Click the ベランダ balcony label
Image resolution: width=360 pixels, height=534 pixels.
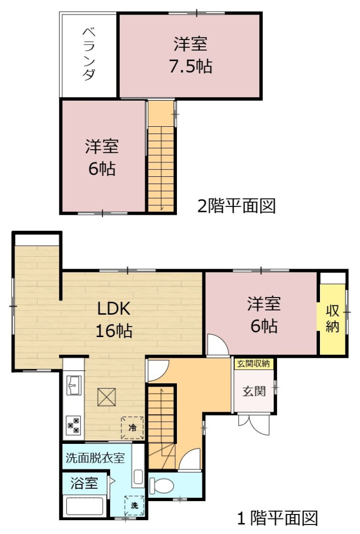pos(89,54)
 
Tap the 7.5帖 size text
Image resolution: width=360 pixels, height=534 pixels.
pos(191,66)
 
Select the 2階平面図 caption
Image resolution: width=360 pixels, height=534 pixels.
pos(236,206)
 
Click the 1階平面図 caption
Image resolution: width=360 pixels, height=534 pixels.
pos(277,518)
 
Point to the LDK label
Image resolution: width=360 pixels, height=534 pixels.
pos(114,309)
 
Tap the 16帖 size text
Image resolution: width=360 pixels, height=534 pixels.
pos(114,330)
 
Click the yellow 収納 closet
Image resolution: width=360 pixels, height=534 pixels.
pos(332,319)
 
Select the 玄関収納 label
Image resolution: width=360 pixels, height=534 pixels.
pos(253,364)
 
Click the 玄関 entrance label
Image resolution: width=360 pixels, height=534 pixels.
pos(254,391)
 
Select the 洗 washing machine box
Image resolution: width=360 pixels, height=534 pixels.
pos(135,506)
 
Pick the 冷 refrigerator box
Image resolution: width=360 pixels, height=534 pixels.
pos(132,427)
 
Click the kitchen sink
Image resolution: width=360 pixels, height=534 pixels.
pos(74,385)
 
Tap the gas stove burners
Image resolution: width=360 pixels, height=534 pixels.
pos(74,425)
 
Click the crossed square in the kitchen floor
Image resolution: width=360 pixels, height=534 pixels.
pos(107,397)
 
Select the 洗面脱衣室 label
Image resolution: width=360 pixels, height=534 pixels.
pos(95,458)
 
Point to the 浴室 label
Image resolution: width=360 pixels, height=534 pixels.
pos(84,483)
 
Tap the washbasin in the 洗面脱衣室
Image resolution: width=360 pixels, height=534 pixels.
pos(139,477)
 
